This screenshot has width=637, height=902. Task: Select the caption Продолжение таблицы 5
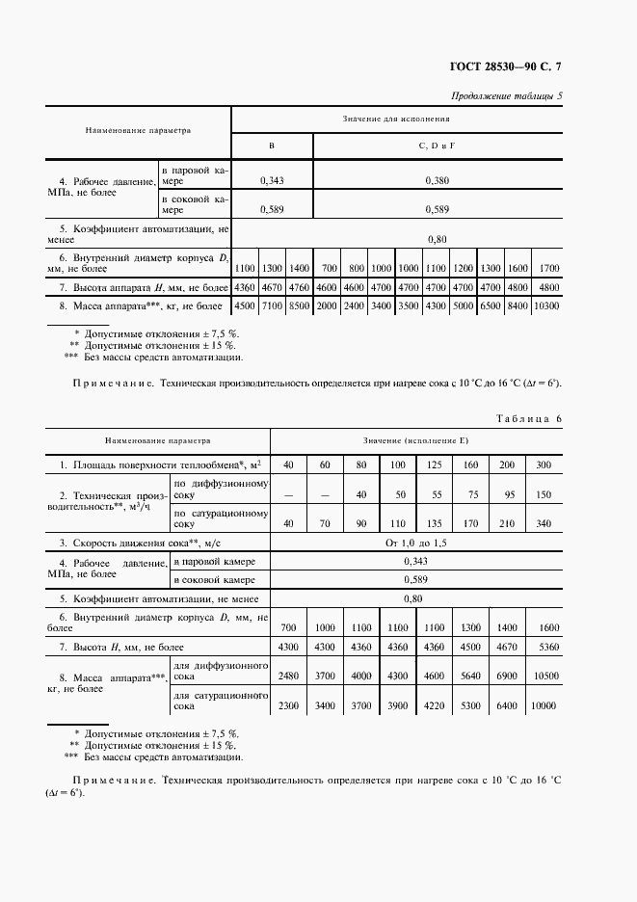click(x=507, y=94)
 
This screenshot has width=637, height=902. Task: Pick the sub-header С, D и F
click(x=437, y=146)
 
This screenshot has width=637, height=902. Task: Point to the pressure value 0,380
click(x=437, y=180)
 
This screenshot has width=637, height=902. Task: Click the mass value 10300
click(x=548, y=305)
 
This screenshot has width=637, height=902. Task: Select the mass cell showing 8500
click(x=300, y=305)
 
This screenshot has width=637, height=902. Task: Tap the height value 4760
click(x=300, y=287)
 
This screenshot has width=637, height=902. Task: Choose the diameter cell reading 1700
click(x=548, y=267)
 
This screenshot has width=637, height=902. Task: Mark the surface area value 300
click(x=544, y=465)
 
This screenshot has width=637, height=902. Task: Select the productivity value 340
click(x=544, y=525)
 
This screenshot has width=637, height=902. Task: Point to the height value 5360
click(x=544, y=647)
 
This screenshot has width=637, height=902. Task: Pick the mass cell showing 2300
click(x=288, y=706)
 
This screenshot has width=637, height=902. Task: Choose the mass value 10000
click(x=544, y=706)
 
